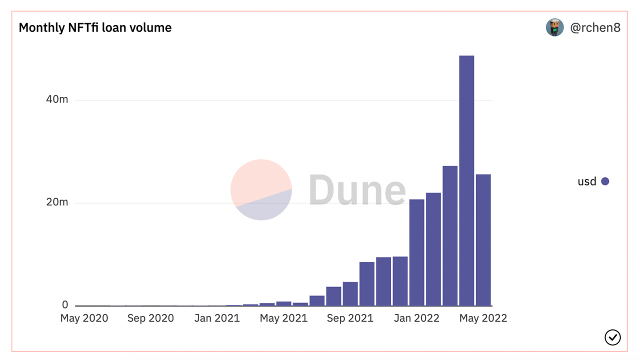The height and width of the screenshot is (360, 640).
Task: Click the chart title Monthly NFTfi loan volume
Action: pos(95,27)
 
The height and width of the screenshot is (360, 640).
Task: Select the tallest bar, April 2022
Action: pos(466,180)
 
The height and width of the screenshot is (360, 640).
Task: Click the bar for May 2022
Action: pos(483,240)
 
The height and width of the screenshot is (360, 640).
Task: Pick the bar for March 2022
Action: pos(450,235)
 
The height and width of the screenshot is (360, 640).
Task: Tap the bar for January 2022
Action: pos(416,252)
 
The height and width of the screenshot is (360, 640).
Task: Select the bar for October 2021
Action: pos(366,283)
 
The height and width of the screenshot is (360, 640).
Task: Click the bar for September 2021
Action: pos(350,293)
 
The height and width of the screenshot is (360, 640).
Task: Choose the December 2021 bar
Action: pos(400,281)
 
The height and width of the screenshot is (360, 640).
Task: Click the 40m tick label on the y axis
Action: pos(56,99)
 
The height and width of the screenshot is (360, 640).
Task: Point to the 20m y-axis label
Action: pos(56,202)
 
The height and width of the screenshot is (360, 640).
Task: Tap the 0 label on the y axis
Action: pos(65,304)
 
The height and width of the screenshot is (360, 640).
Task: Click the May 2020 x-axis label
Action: pos(84,318)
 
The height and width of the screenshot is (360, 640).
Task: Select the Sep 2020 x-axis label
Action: pos(150,318)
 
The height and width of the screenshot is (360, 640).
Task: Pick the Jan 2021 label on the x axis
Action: pos(217,318)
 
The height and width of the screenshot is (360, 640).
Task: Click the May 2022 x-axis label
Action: pos(483,318)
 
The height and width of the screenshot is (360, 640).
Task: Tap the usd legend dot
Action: pos(605,181)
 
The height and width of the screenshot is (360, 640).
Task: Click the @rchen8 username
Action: pos(595,28)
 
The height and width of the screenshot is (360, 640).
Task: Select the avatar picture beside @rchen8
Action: pos(554,27)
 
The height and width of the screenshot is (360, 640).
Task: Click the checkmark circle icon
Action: pos(612,337)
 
